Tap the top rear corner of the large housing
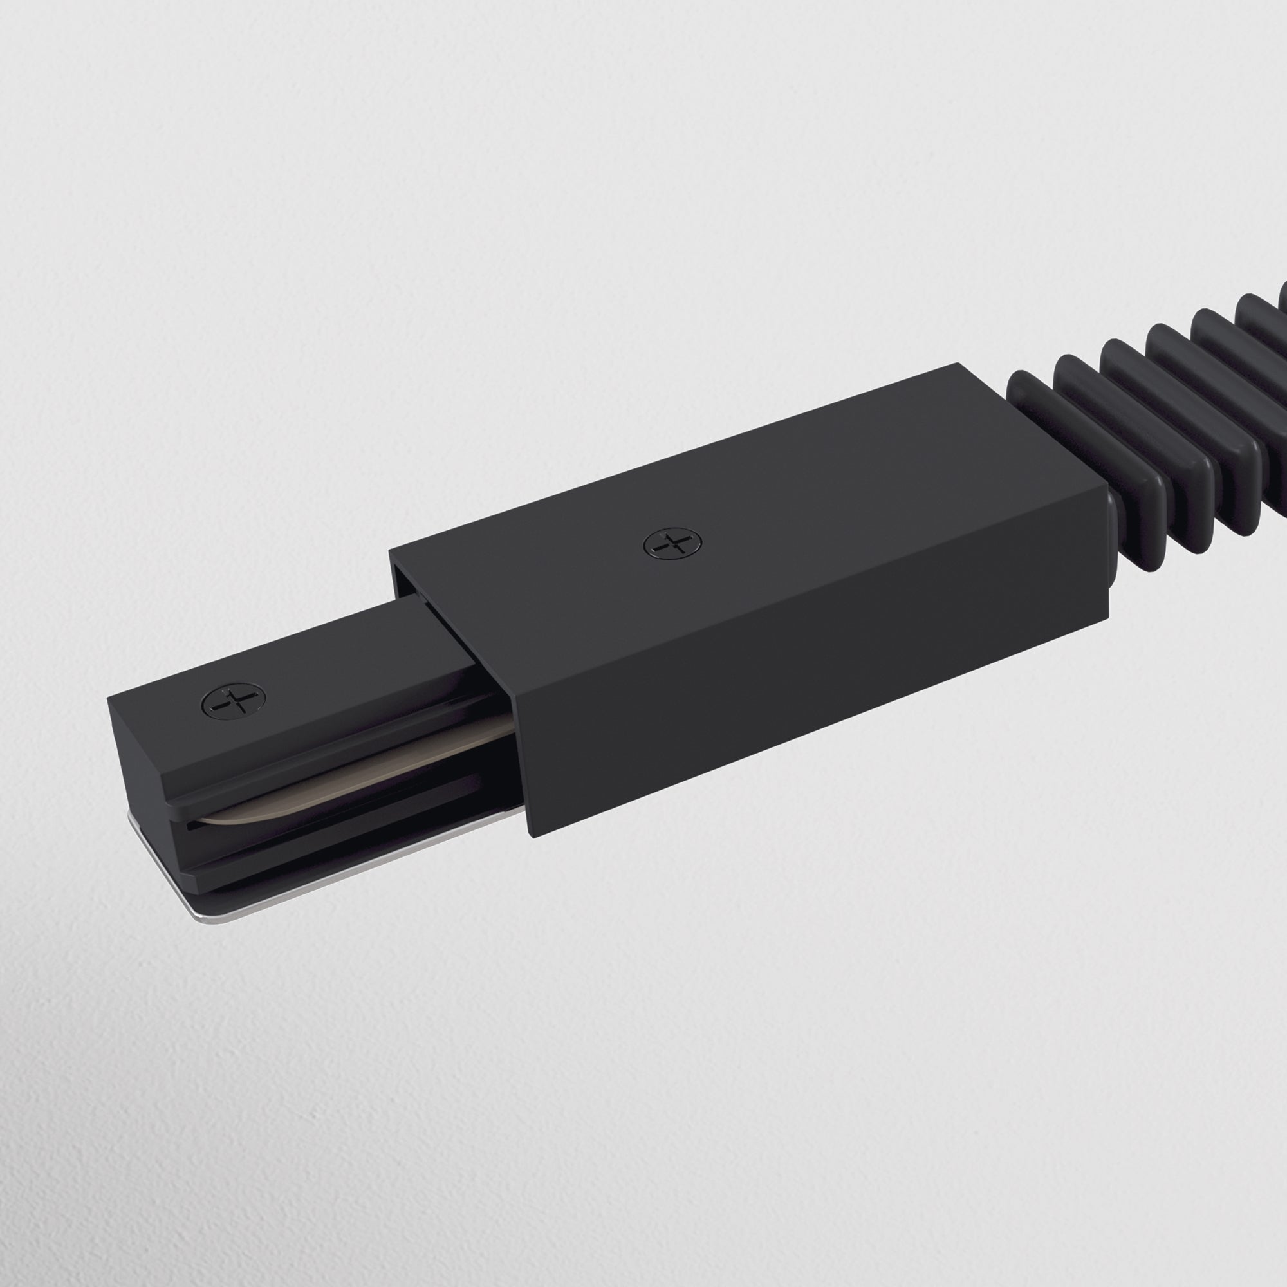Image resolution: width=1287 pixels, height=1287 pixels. point(959,364)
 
